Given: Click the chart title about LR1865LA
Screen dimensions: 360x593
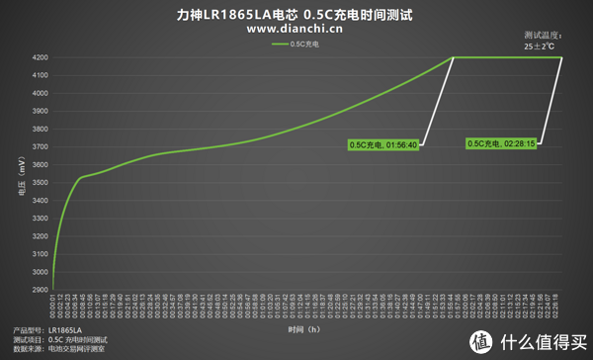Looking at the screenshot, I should pyautogui.click(x=296, y=14).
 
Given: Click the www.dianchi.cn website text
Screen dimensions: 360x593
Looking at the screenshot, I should pyautogui.click(x=296, y=29).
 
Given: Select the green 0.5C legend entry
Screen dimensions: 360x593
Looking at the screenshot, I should pyautogui.click(x=296, y=44).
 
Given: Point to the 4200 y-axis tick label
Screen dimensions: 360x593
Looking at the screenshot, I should pyautogui.click(x=40, y=57).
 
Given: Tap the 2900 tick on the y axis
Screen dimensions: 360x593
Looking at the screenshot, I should pyautogui.click(x=40, y=289).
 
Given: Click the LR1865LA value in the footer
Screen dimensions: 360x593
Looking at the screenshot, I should pyautogui.click(x=64, y=329).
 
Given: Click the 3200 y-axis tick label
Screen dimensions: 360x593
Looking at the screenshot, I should pyautogui.click(x=40, y=235).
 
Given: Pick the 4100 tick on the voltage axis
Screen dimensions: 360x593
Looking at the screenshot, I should pyautogui.click(x=40, y=75).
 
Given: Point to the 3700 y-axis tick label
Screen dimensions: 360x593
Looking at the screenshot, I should pyautogui.click(x=40, y=146).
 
